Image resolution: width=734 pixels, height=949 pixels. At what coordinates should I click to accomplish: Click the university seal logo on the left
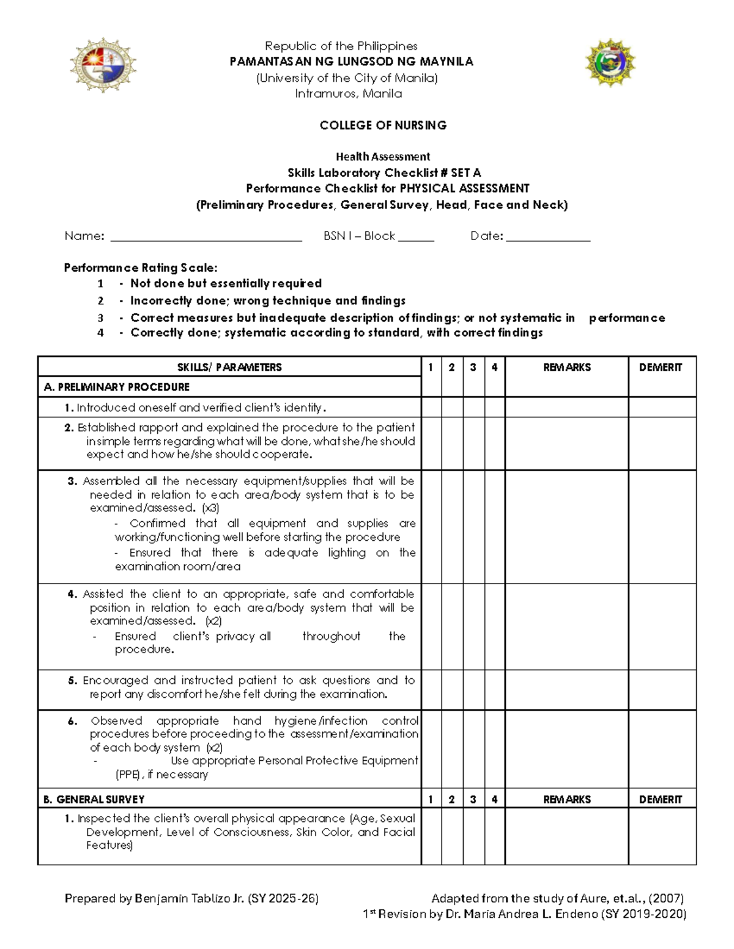coord(103,65)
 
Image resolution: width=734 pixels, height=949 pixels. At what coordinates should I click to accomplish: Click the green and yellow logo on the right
coord(610,63)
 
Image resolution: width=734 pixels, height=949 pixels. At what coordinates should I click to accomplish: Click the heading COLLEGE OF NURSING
coord(383,125)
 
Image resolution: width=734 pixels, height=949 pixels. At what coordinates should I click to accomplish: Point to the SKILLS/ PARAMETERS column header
coord(229,367)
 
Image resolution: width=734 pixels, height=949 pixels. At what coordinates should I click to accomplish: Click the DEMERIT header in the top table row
coord(661,367)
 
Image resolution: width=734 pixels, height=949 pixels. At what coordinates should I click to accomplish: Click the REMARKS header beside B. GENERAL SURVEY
coord(567,799)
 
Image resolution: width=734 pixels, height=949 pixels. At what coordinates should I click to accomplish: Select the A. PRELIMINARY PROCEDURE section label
coord(117,387)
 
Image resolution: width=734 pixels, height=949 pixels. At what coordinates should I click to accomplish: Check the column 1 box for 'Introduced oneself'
coord(431,408)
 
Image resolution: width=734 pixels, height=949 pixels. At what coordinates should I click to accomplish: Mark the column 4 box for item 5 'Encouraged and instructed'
coord(495,690)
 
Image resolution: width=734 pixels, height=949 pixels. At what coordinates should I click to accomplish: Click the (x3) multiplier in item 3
coord(210,508)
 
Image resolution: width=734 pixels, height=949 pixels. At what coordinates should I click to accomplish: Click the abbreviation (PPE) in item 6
coord(128,775)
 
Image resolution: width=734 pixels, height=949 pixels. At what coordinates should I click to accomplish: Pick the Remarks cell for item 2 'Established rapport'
coord(567,444)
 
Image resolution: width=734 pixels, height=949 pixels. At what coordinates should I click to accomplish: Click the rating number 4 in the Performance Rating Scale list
coord(100,333)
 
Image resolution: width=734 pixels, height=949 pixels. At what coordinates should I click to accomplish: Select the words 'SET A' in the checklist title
coord(466,173)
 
